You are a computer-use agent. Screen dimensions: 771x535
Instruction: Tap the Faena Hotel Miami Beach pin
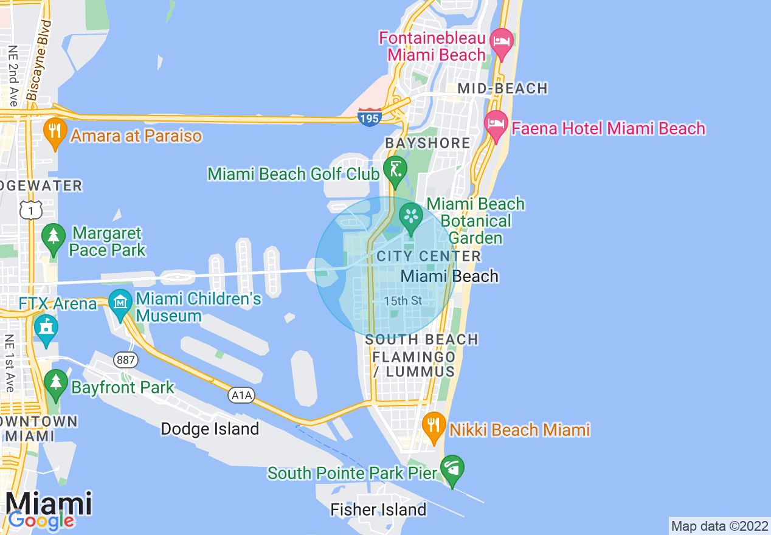tap(496, 125)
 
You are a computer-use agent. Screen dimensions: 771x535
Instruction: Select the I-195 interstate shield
tap(369, 117)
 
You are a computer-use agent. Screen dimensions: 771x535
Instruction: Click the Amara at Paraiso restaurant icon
tap(55, 132)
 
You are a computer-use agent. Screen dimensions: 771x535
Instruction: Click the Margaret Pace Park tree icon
tap(54, 238)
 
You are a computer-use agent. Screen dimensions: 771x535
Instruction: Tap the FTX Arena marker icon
tap(46, 328)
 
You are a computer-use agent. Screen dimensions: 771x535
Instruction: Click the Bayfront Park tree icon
tap(56, 383)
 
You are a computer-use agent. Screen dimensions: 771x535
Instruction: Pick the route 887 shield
tap(126, 360)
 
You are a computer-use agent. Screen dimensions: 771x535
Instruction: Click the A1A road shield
tap(241, 396)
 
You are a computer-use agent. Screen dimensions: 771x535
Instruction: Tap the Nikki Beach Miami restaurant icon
tap(434, 426)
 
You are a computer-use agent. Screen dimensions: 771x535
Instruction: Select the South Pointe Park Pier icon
tap(452, 469)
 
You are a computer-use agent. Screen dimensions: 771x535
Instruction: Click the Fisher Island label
tap(378, 509)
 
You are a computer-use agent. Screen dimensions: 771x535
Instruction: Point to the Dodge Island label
tap(210, 429)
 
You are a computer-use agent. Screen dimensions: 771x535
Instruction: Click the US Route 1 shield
tap(30, 210)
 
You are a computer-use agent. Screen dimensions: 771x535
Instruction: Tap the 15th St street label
tap(403, 301)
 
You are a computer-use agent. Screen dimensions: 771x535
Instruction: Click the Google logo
tap(41, 520)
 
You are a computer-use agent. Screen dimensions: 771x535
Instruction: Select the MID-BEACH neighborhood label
tap(502, 89)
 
